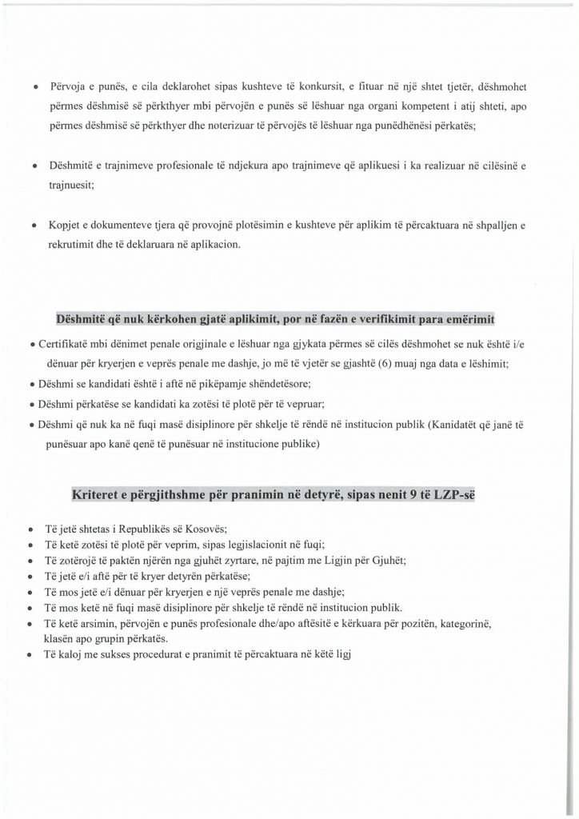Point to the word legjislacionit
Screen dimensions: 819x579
(214, 545)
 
